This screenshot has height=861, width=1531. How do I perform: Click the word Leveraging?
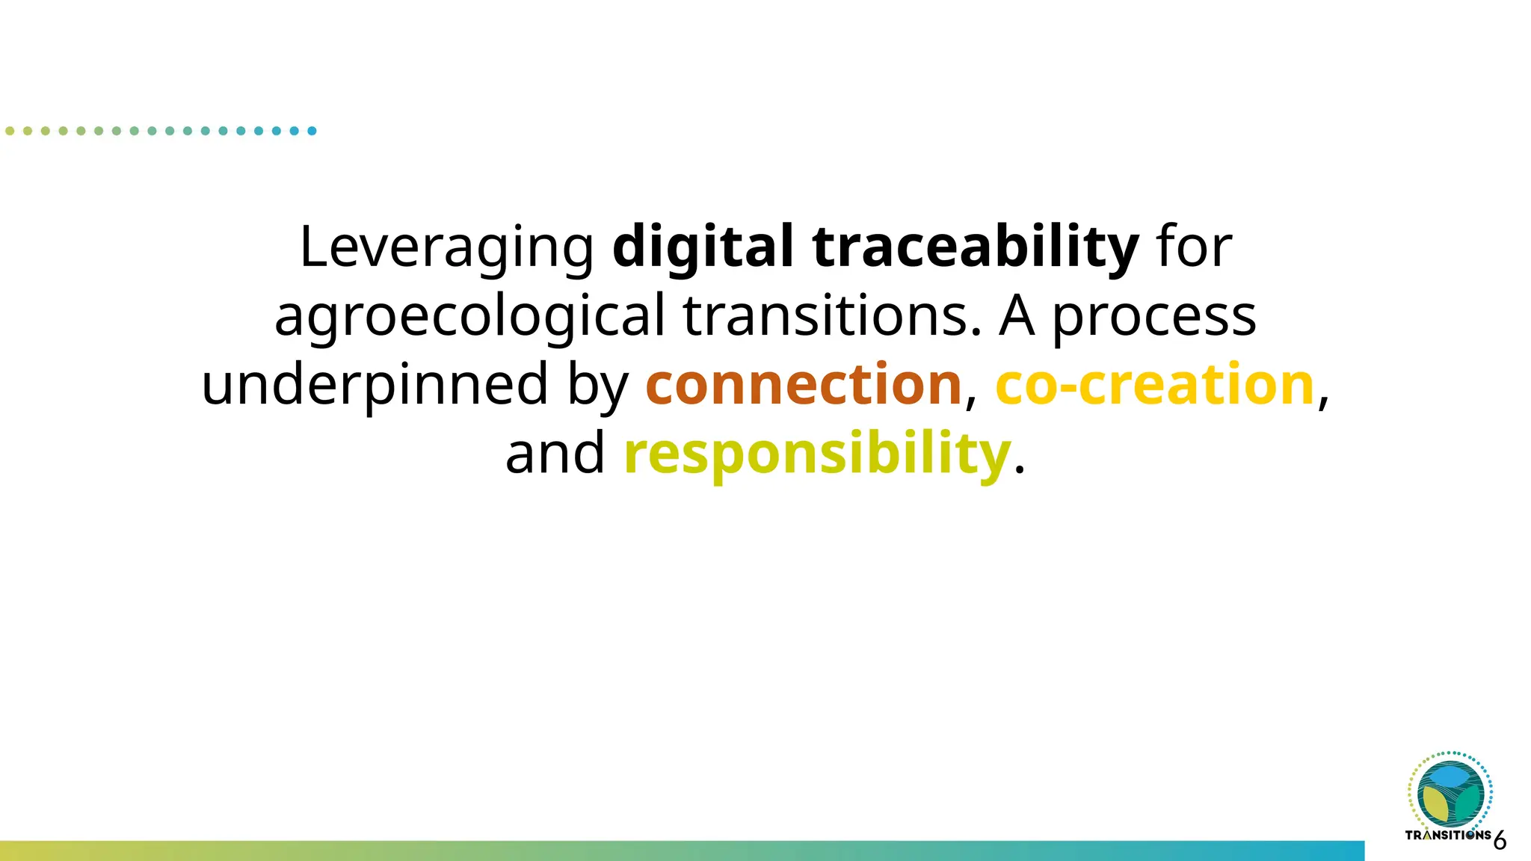(446, 247)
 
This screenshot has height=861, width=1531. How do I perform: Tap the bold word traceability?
(976, 247)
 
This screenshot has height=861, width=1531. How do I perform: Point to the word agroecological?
(469, 316)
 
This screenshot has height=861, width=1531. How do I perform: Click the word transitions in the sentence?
(831, 315)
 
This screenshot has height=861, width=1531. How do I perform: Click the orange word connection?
(804, 385)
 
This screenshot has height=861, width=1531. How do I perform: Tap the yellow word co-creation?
(1155, 385)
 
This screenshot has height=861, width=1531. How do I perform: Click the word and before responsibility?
(555, 454)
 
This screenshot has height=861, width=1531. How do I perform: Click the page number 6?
(1500, 841)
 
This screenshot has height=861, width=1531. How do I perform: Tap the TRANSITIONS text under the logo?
(1448, 835)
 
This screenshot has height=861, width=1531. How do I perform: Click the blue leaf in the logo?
(1450, 777)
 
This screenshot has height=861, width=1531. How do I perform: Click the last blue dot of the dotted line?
(312, 131)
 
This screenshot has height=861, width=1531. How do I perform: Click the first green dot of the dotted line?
(10, 131)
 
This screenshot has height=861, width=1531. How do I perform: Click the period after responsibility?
(1019, 472)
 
